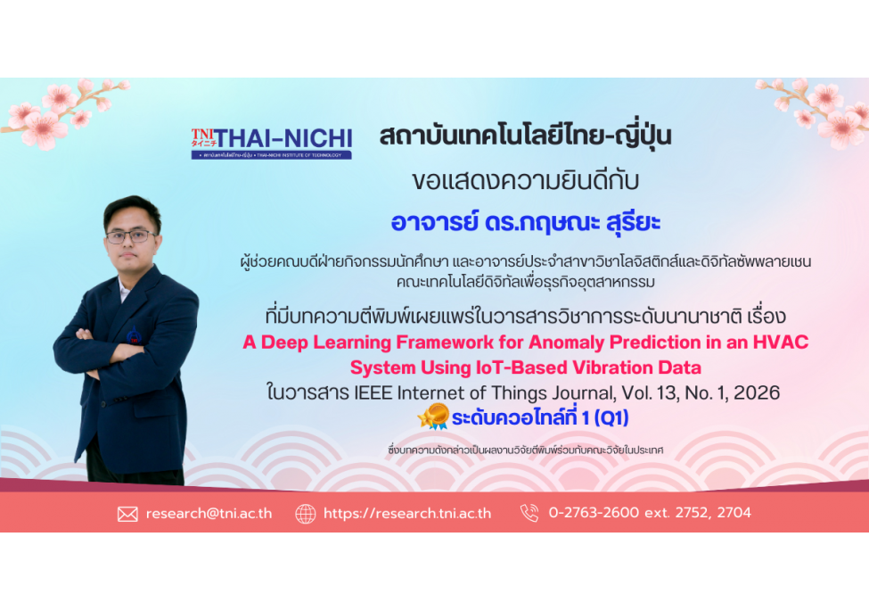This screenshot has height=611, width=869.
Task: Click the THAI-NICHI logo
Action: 272,143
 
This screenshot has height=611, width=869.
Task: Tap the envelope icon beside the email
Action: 127,514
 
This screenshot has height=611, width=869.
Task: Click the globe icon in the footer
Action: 306,514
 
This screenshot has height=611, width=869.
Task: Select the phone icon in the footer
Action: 529,513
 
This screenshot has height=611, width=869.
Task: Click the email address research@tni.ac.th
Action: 209,514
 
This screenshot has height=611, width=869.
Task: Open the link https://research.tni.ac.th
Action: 407,514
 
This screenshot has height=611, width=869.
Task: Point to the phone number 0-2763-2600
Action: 594,512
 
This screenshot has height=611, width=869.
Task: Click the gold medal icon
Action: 434,417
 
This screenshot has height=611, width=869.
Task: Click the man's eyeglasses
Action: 131,236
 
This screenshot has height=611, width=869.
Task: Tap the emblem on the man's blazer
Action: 134,335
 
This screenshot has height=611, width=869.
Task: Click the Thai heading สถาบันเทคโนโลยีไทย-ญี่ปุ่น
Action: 525,136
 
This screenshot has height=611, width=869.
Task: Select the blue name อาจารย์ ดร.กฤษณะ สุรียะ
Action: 525,222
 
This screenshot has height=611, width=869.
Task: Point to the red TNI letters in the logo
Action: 202,134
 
